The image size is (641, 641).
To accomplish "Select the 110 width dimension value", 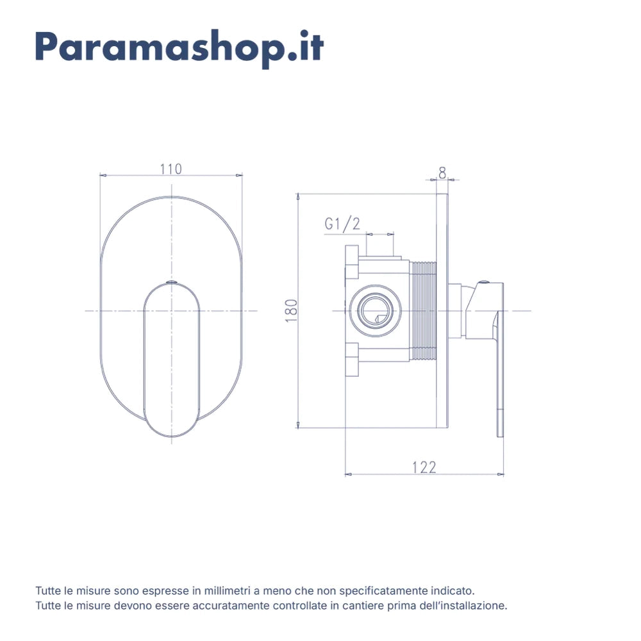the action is pos(171,169).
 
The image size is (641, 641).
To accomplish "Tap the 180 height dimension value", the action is pos(291,311).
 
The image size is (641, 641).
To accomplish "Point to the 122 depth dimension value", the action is pos(424,467).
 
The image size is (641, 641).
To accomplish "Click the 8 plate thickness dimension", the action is pos(442,173).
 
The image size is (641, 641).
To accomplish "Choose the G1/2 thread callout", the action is pos(342,224).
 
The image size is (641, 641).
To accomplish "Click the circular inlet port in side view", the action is pos(375,311).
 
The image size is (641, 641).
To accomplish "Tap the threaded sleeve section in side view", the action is pos(423,311).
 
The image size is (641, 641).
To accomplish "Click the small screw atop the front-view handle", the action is pos(172,282).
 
